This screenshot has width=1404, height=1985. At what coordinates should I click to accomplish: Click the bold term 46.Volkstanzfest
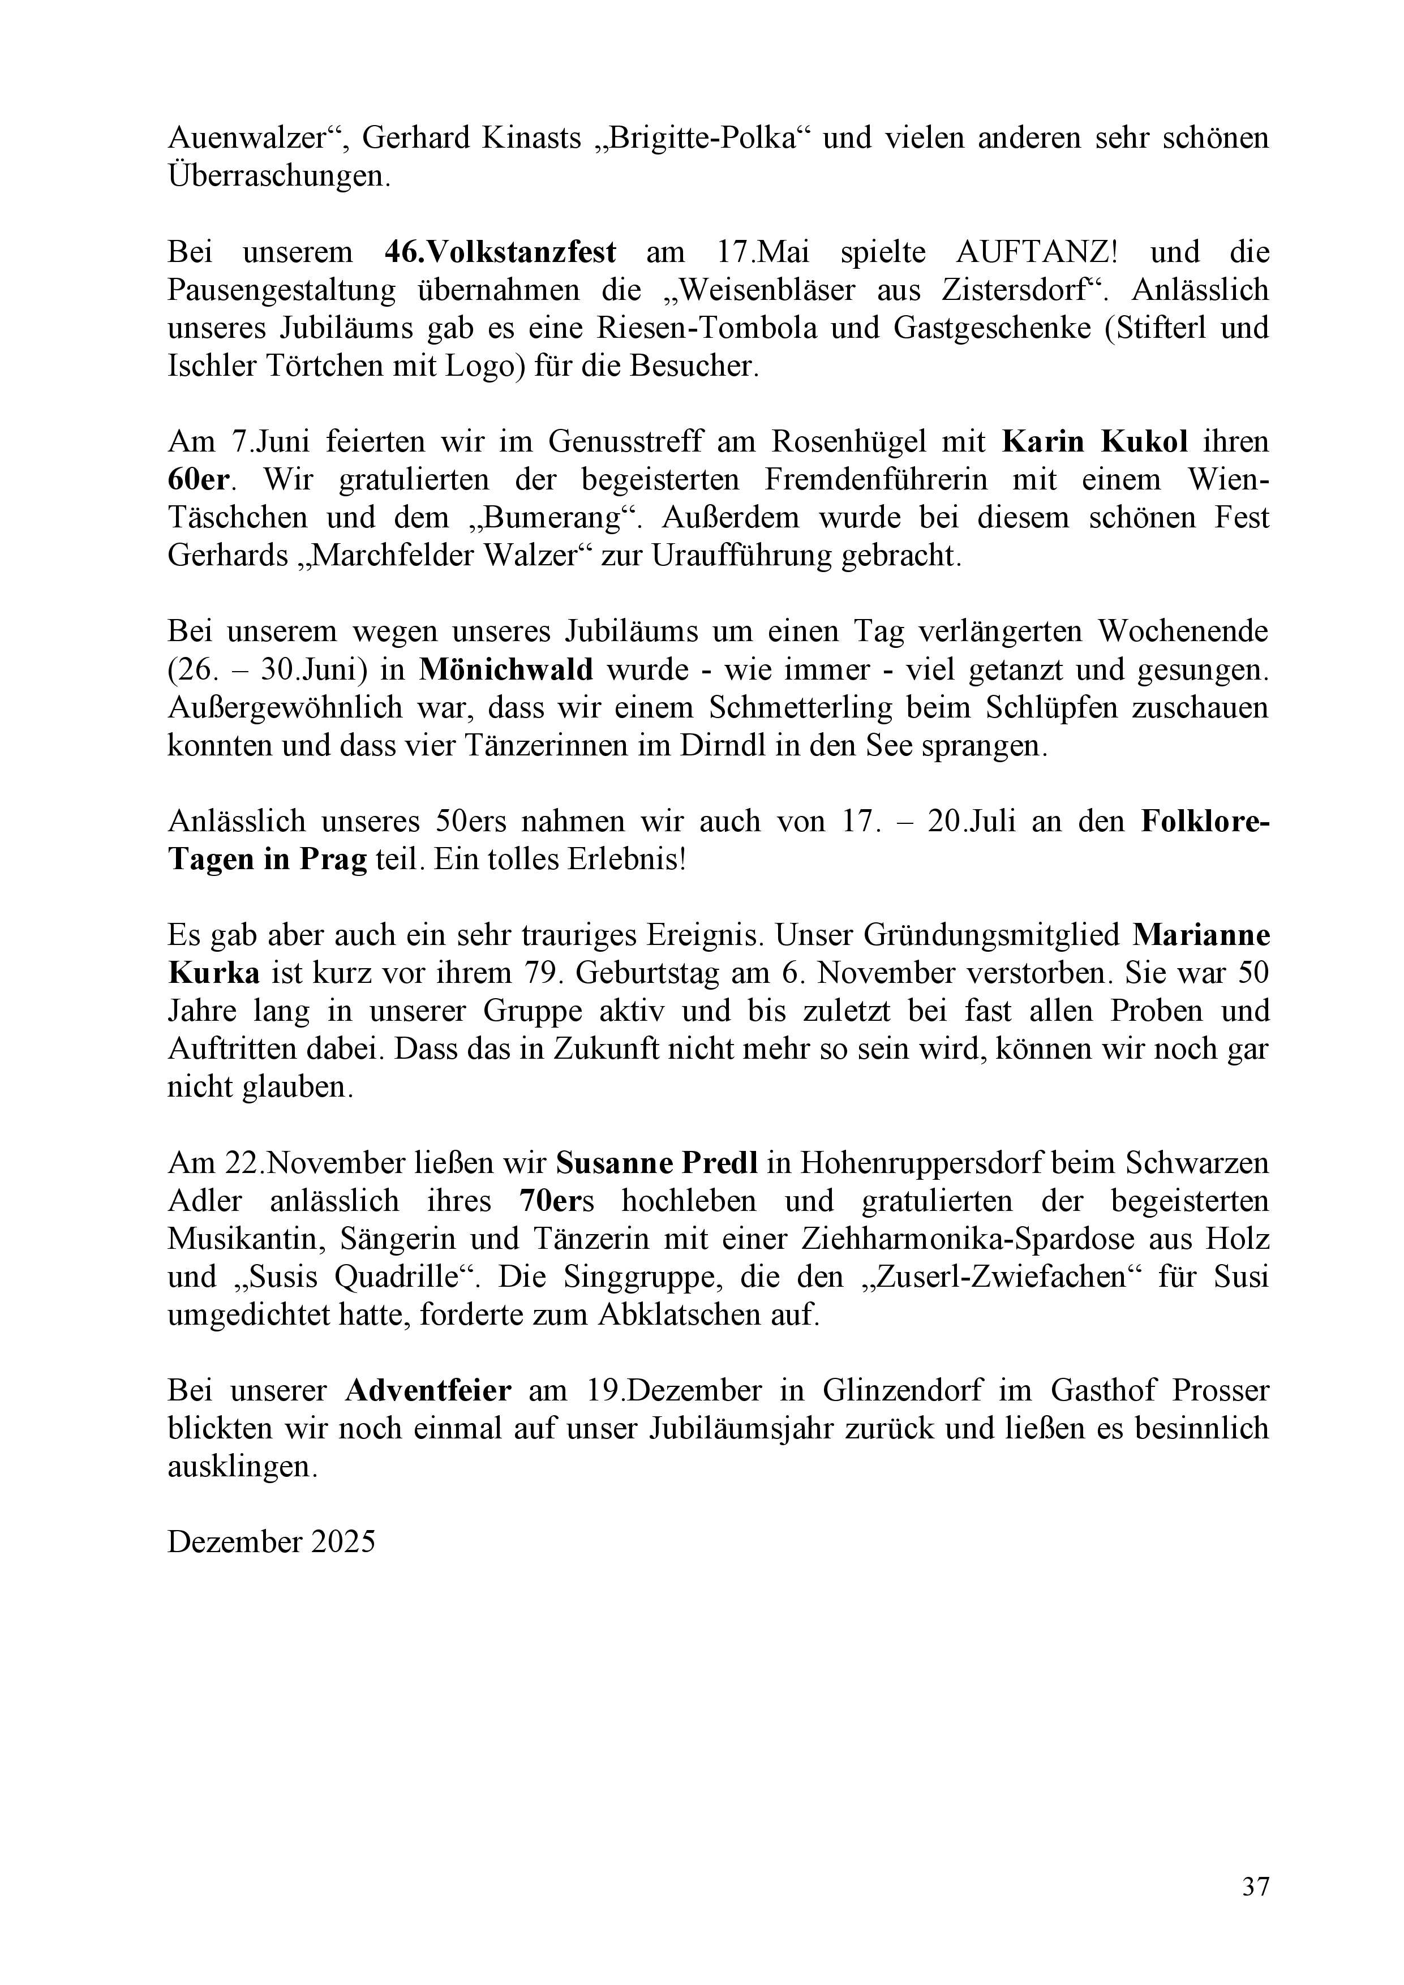pyautogui.click(x=501, y=252)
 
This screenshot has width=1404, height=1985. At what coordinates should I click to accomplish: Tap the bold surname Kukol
pyautogui.click(x=1145, y=442)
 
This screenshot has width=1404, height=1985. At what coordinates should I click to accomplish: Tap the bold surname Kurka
pyautogui.click(x=213, y=973)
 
